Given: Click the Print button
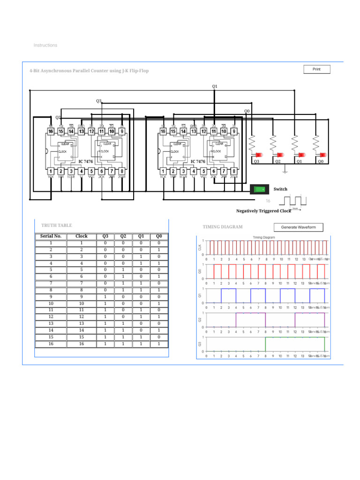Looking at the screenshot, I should coord(317,69).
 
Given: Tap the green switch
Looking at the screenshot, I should coord(259,189).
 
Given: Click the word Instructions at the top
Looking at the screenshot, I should coord(45,45).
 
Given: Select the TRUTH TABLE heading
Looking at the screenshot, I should coord(56,225).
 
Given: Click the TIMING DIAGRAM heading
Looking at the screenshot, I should coord(223,227).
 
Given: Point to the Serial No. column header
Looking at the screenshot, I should coord(51,236).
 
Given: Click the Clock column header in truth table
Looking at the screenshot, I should coord(81,236).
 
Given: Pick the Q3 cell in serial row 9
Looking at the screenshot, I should coord(105,297).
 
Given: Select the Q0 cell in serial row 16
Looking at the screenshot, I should coord(159,344).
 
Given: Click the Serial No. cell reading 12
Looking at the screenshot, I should coord(51,317).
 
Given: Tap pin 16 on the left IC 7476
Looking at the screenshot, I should coord(51,132).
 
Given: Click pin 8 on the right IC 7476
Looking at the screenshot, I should coord(234,172).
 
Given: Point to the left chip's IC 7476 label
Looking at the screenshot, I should coord(85,162).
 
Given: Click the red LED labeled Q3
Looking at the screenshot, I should coord(258,155).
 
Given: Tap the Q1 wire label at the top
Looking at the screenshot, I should coord(215,86).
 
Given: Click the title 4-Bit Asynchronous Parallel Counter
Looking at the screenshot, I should coord(89,71).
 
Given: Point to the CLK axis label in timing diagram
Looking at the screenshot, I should coord(199,247).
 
